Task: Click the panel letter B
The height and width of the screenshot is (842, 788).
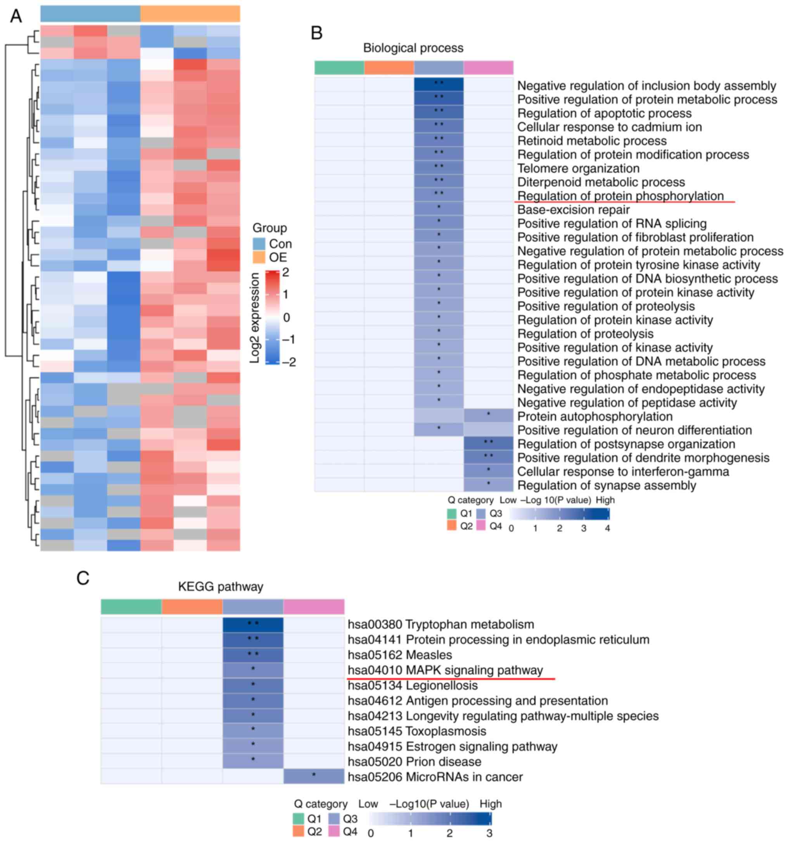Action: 316,33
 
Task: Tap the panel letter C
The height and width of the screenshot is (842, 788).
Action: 83,578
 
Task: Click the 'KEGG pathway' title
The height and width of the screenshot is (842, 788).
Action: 220,587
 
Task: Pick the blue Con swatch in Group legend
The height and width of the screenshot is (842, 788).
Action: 259,243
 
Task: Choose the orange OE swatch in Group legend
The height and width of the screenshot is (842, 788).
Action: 259,257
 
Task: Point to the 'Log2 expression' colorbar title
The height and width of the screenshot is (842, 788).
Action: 255,317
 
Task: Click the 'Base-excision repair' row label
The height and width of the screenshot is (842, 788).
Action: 573,210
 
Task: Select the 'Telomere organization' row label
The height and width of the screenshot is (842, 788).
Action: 578,169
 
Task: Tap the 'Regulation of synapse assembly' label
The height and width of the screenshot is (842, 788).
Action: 607,485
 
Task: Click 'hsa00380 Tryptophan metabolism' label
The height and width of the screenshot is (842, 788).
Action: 441,624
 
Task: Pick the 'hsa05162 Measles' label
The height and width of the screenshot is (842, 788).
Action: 399,655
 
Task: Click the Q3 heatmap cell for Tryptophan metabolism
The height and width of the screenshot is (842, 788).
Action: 253,624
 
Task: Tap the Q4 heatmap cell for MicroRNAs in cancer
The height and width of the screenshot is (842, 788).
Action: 313,777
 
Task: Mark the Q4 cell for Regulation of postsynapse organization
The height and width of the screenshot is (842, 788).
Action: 489,444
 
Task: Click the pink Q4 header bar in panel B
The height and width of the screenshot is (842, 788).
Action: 489,68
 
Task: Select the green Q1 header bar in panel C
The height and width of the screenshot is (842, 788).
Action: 131,607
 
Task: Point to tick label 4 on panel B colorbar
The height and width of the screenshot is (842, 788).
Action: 607,528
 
